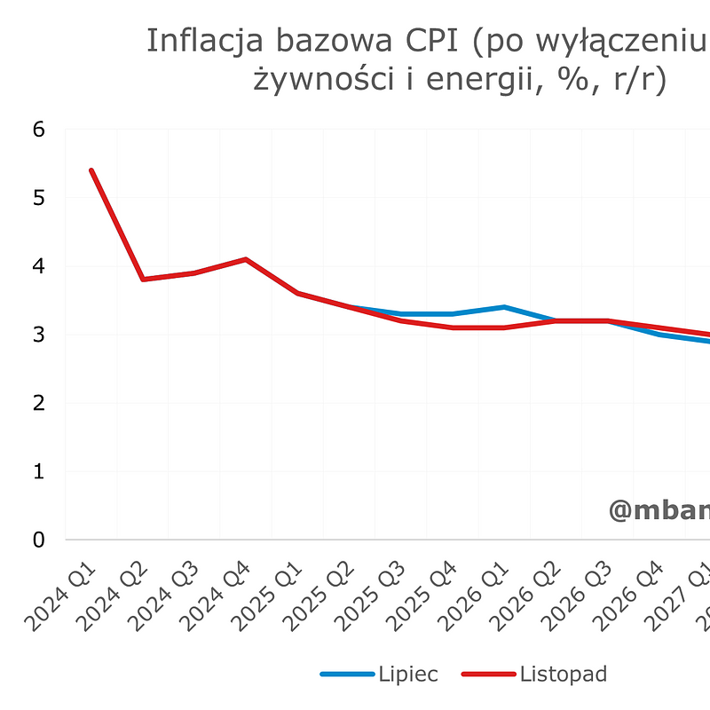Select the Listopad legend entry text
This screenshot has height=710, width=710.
(564, 674)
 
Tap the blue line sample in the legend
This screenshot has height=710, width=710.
(347, 675)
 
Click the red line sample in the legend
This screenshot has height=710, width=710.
(488, 675)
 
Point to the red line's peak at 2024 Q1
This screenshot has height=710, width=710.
(91, 170)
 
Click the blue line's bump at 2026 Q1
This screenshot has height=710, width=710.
(503, 307)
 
